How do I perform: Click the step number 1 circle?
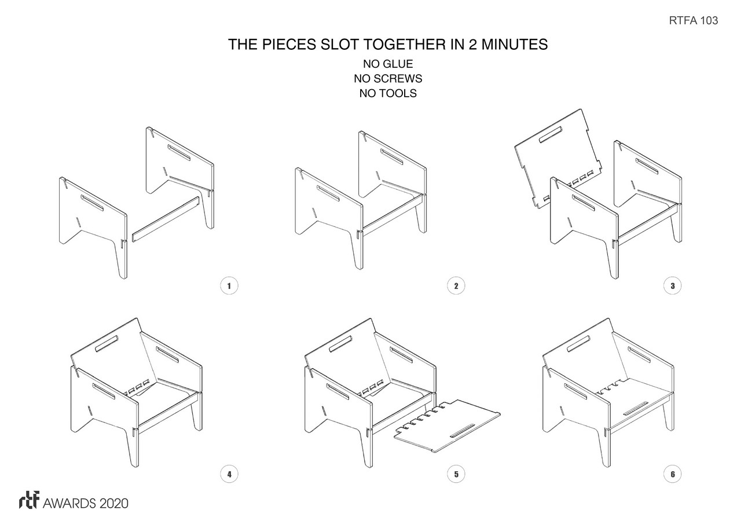click(229, 285)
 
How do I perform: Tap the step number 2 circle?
click(456, 285)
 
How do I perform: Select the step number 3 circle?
click(673, 285)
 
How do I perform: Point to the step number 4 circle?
click(229, 474)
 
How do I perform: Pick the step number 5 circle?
click(456, 474)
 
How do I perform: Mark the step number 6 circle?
click(673, 474)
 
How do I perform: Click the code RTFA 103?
click(694, 20)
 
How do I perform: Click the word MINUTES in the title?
click(515, 45)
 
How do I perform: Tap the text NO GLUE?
click(388, 64)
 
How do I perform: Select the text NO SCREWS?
click(388, 78)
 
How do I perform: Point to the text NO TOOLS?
click(388, 93)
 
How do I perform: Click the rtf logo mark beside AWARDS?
click(29, 500)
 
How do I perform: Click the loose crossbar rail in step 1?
click(166, 219)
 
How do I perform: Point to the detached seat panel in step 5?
click(448, 426)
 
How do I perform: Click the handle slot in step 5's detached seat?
click(463, 431)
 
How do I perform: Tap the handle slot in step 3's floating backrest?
click(551, 135)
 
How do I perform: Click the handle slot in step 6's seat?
click(636, 408)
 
